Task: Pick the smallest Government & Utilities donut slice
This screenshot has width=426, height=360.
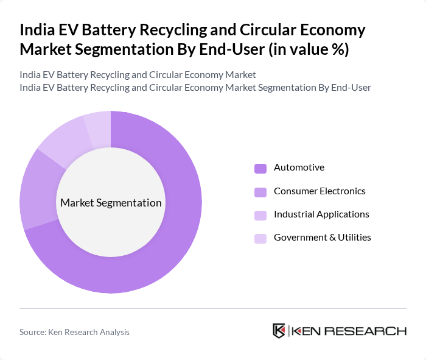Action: [x=97, y=128]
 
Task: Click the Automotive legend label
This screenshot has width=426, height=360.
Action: [x=299, y=168]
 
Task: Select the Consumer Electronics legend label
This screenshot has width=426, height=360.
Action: [x=319, y=191]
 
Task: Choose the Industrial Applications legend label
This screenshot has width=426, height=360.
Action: [x=321, y=214]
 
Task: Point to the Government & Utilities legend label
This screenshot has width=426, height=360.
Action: [x=322, y=238]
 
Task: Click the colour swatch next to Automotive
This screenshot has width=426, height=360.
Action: [x=260, y=168]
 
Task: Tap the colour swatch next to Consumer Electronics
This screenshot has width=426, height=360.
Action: [x=260, y=192]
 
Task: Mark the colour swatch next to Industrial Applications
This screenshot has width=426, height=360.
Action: [x=260, y=215]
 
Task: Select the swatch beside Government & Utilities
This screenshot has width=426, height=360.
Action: [x=260, y=238]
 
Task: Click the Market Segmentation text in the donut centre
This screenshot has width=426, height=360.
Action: [x=111, y=203]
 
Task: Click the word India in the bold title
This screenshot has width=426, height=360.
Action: [x=37, y=30]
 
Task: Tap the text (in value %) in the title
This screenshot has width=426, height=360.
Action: [x=302, y=49]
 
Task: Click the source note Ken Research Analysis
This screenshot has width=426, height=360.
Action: [x=74, y=332]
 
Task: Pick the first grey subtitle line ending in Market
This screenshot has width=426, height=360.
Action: [x=138, y=75]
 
